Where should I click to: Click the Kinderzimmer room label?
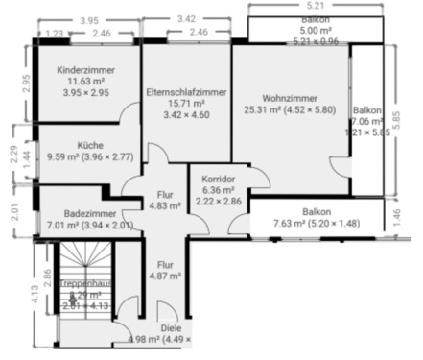pyautogui.click(x=88, y=71)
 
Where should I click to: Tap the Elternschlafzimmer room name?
pyautogui.click(x=187, y=91)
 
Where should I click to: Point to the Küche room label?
pyautogui.click(x=91, y=145)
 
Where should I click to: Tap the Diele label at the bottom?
pyautogui.click(x=171, y=327)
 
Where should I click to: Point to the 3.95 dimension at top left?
pyautogui.click(x=89, y=20)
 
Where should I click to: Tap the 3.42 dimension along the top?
pyautogui.click(x=188, y=18)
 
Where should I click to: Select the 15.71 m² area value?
pyautogui.click(x=187, y=104)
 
